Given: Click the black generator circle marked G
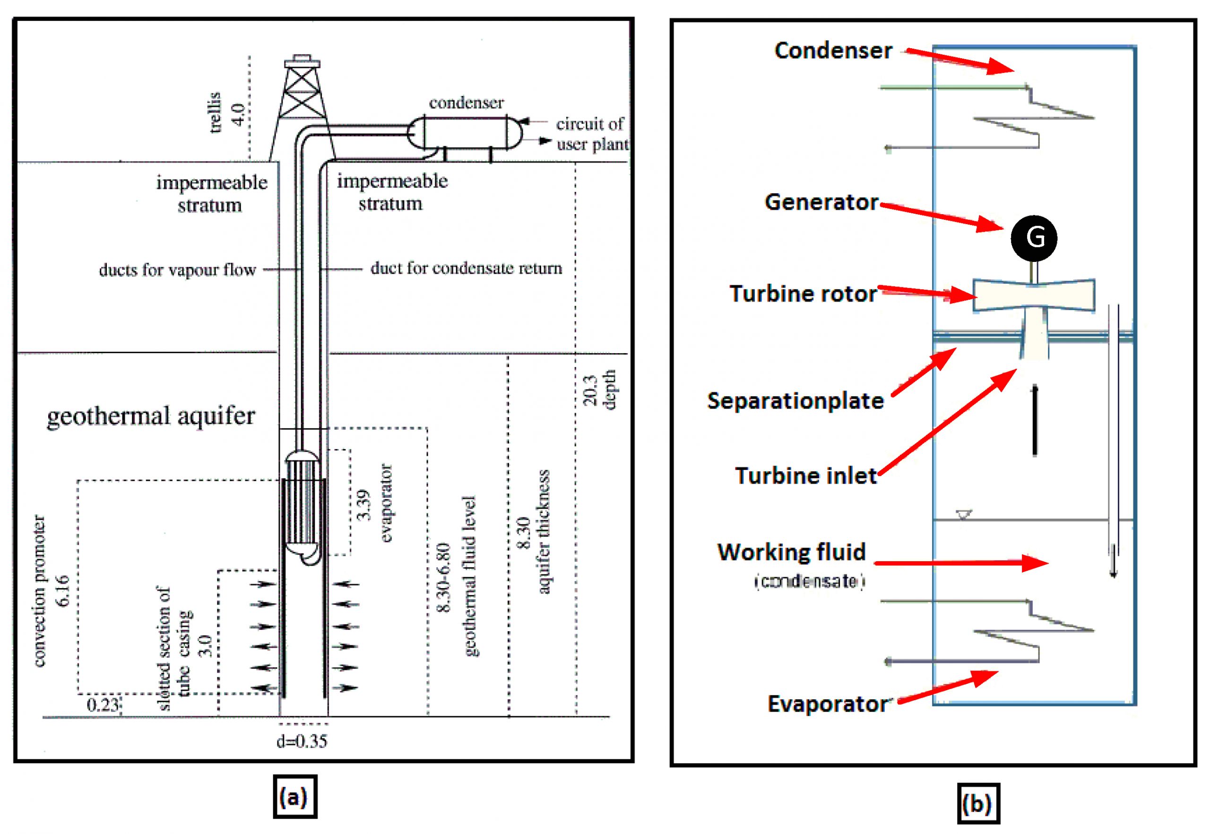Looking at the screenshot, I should coord(1033,238).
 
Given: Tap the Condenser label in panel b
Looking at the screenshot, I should coord(833,51).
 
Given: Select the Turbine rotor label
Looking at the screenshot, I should coord(803,294).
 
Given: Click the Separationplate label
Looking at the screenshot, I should coord(795,401).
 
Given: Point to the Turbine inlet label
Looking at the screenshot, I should coord(805,476).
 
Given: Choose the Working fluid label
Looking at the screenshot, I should coord(792,552).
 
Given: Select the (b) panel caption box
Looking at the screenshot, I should coord(977,803).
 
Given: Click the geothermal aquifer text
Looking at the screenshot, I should coord(150,417).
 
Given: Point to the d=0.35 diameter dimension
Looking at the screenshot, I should coord(302,741).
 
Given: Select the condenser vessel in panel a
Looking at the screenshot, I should coord(465,132).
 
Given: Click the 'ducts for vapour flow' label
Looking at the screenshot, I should coord(177,269).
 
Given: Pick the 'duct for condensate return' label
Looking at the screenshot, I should coord(466,268).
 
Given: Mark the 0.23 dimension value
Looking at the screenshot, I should coord(103,705).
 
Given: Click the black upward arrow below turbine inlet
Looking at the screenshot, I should coord(1035,421).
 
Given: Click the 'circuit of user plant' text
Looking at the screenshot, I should coord(591,134).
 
